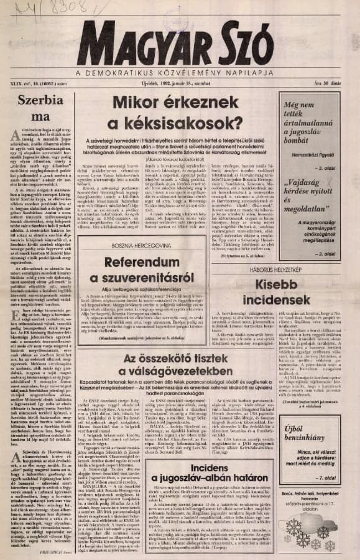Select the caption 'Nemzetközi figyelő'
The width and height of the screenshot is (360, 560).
(316, 147)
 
